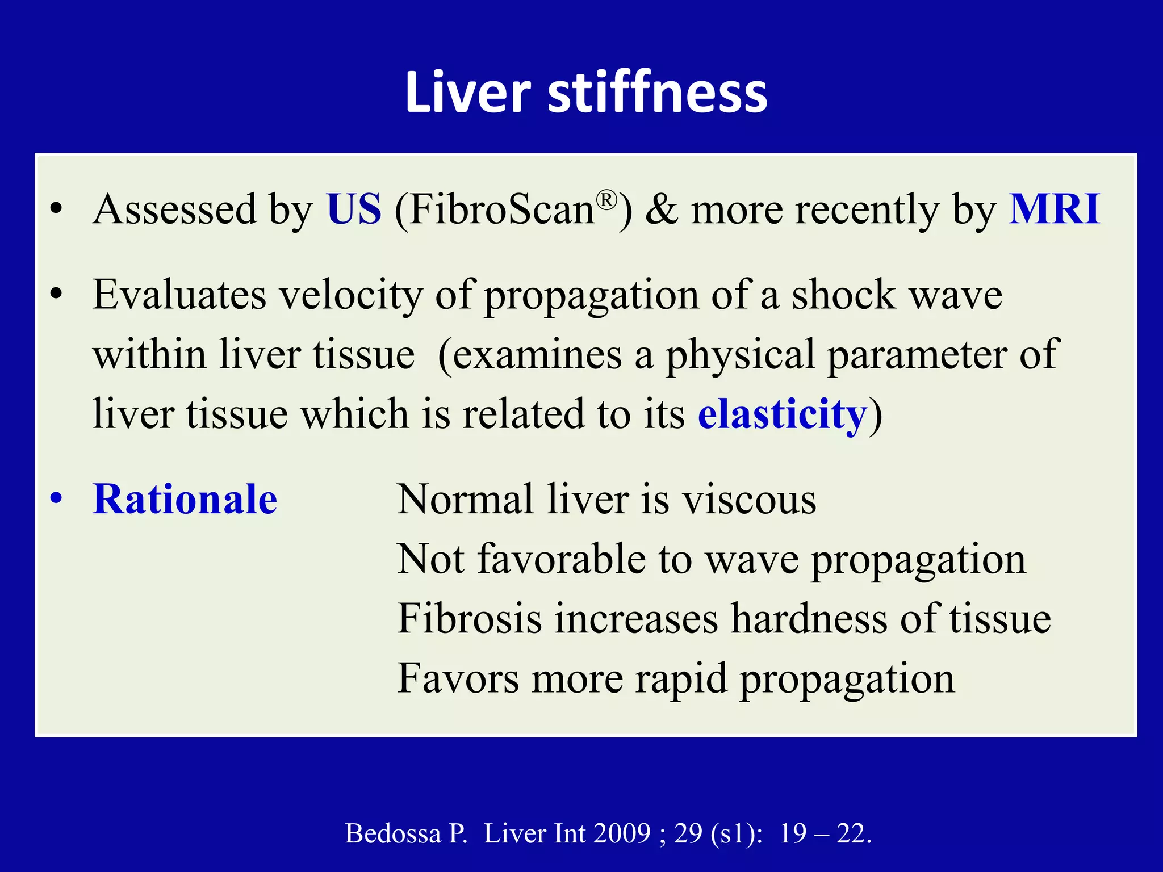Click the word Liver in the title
pos(467,93)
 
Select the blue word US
pos(354,209)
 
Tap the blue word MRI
pos(1054,209)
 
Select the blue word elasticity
pos(782,414)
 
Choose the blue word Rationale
pos(185,499)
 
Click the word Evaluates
pos(179,295)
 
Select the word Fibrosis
pos(469,618)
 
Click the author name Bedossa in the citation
pos(393,833)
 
